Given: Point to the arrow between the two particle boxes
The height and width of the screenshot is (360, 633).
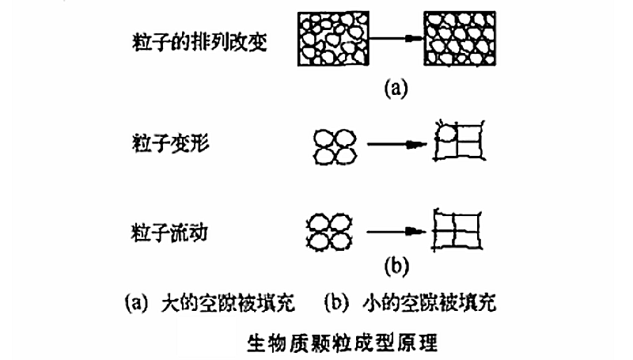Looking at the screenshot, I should click(x=397, y=39).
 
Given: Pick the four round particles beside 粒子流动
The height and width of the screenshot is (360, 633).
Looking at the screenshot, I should click(x=332, y=232).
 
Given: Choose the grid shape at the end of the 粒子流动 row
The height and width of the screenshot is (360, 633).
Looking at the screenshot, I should click(x=461, y=231).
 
